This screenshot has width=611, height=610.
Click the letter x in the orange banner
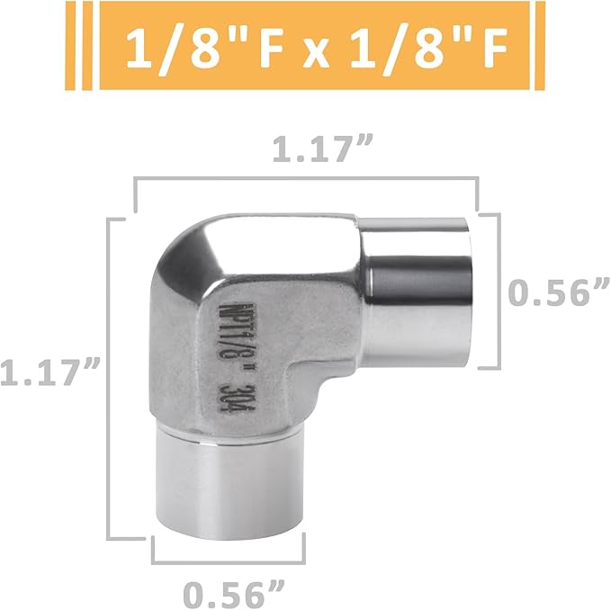tap(307, 51)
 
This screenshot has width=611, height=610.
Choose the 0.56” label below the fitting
tap(233, 592)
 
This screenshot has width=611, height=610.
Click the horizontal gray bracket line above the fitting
tap(306, 181)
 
